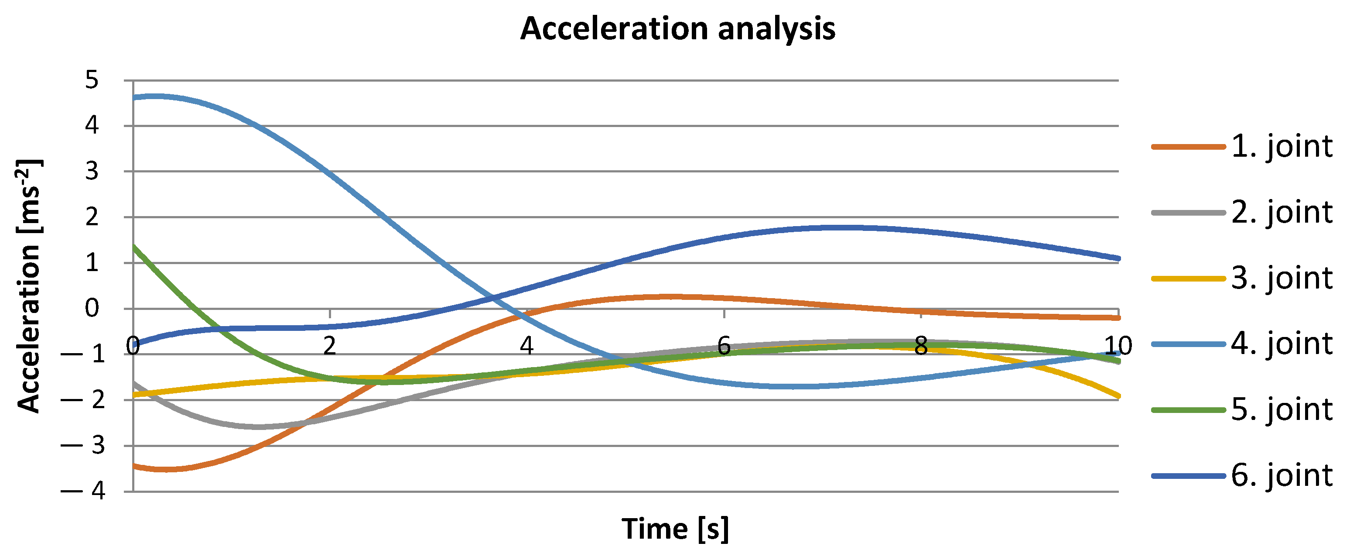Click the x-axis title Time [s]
point(675,529)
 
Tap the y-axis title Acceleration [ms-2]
point(29,286)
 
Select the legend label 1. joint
point(1282,146)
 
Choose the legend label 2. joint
point(1282,213)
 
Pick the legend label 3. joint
point(1282,278)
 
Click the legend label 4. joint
point(1282,344)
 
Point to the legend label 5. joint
point(1282,409)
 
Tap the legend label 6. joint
point(1282,476)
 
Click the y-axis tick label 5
point(92,80)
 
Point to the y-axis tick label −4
point(84,492)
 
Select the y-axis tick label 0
point(92,308)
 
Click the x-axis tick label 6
point(724,346)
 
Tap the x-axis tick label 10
point(1118,346)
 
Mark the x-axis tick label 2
point(329,346)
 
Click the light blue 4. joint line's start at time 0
point(134,97)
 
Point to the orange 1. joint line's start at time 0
point(134,466)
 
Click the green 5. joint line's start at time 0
point(134,246)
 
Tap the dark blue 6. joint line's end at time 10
point(1118,258)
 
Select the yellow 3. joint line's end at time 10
point(1118,396)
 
